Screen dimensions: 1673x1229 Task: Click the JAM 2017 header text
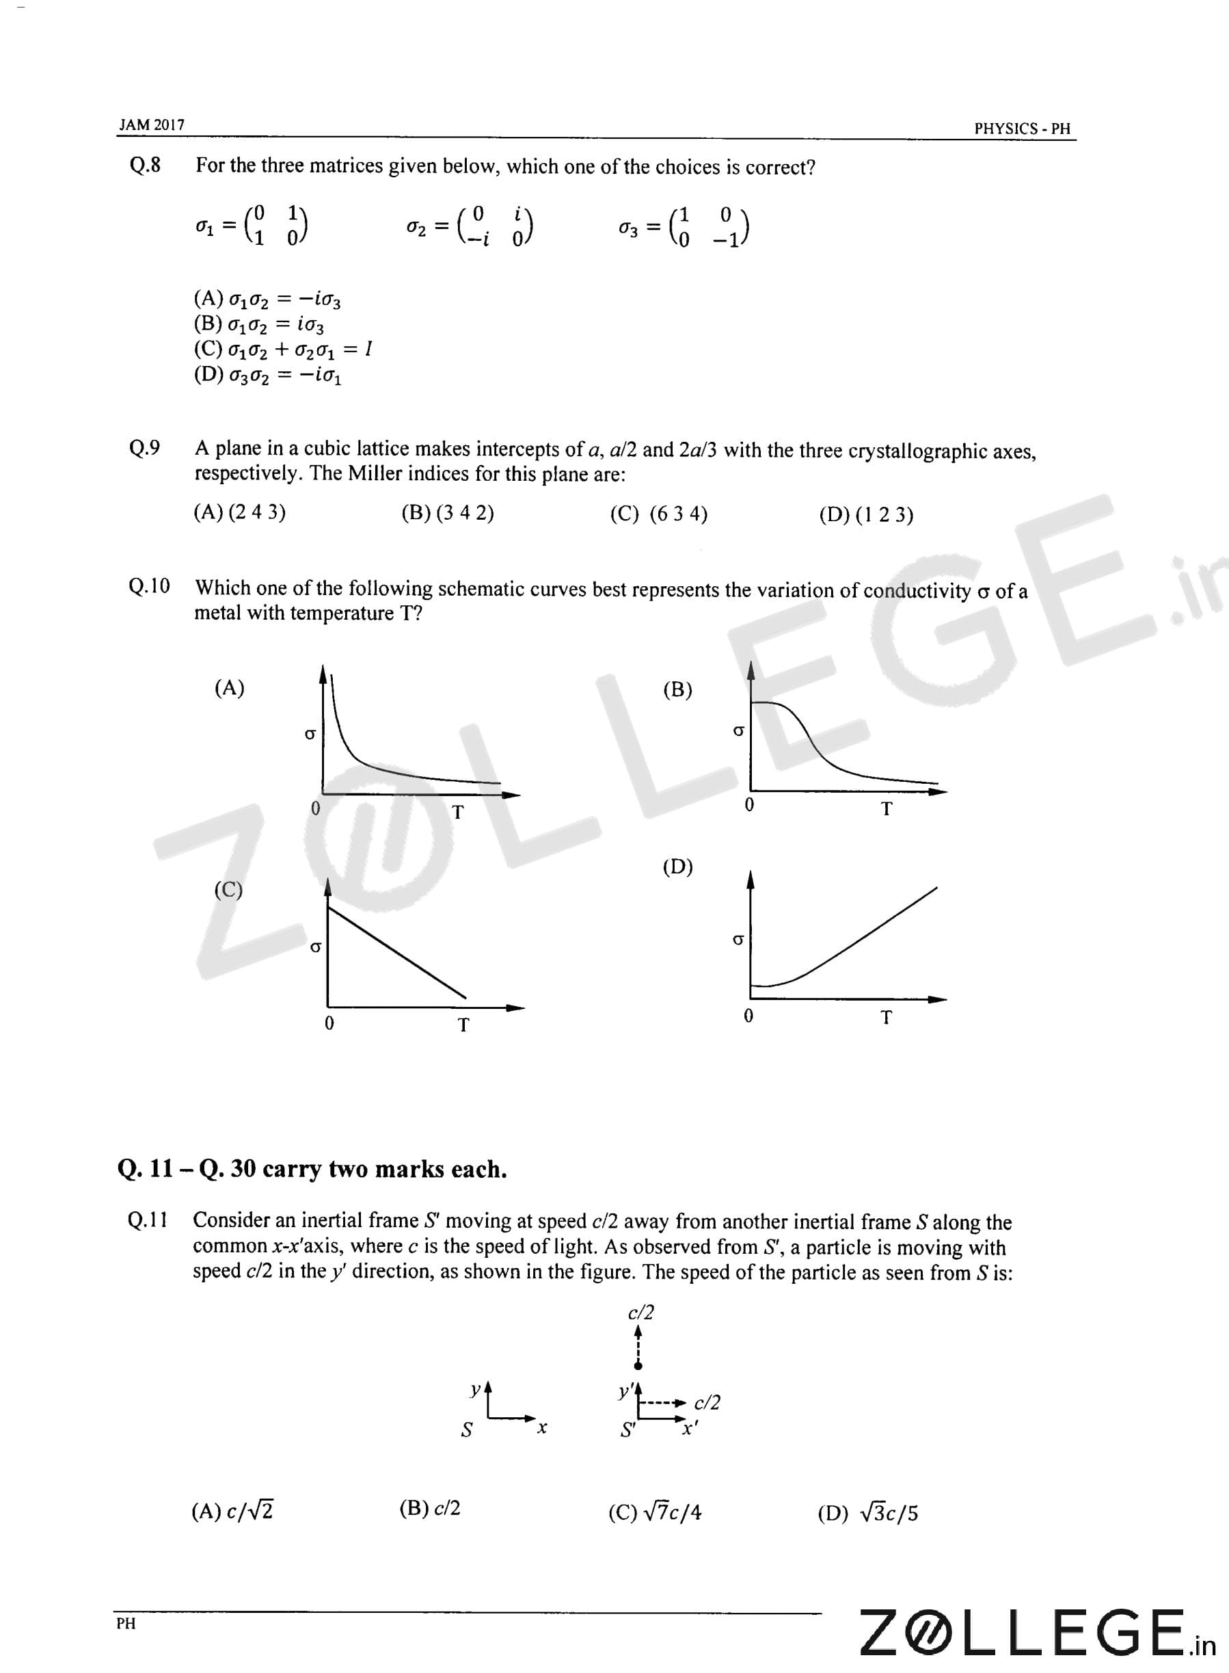click(x=152, y=125)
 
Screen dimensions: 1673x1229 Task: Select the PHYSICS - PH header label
click(x=1021, y=129)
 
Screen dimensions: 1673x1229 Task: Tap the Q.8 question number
click(x=145, y=164)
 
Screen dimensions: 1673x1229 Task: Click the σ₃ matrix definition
click(x=684, y=226)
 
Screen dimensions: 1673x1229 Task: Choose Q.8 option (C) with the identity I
click(x=283, y=349)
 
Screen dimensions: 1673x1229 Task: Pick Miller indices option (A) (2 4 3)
click(x=239, y=512)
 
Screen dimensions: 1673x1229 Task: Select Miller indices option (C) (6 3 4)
click(x=658, y=514)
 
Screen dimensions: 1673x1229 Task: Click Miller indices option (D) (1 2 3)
click(x=866, y=515)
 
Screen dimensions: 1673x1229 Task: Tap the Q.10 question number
click(x=149, y=586)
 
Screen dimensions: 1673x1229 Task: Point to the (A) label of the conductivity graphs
click(x=229, y=687)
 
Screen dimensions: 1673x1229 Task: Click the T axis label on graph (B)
click(x=886, y=809)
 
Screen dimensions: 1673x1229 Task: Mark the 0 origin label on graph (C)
click(x=329, y=1023)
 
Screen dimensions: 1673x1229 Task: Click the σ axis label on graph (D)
click(x=738, y=940)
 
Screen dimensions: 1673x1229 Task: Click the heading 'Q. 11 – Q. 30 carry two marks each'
click(x=312, y=1169)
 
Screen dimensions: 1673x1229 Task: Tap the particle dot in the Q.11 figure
click(x=638, y=1364)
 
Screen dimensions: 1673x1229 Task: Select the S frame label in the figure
click(x=466, y=1430)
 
